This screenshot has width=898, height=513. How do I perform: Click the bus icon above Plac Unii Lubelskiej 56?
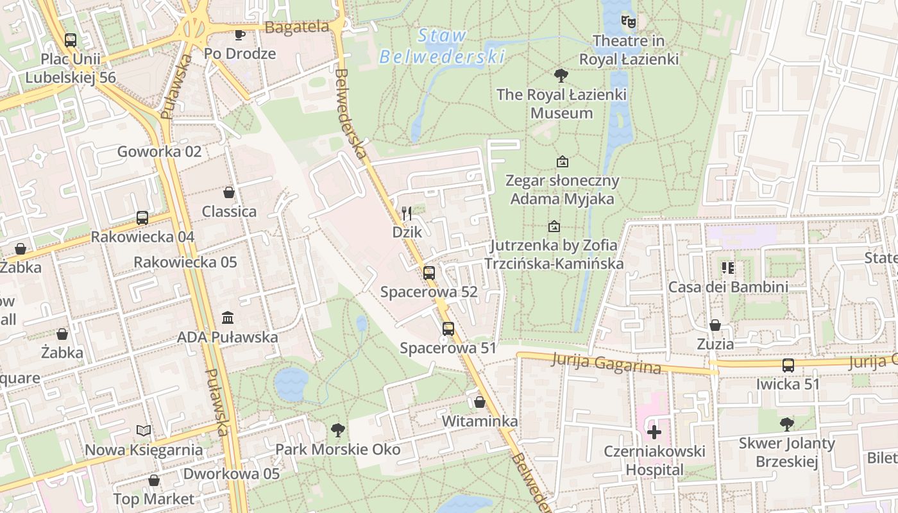(x=71, y=40)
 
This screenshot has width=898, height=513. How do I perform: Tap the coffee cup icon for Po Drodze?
(x=240, y=35)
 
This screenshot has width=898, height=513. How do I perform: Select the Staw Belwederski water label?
(x=442, y=46)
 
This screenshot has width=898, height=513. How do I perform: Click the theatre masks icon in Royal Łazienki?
(x=629, y=22)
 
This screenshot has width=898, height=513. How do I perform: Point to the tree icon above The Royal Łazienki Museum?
(x=561, y=76)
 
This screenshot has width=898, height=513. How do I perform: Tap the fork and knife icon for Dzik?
(x=407, y=212)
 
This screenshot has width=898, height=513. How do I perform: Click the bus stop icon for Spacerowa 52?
(x=429, y=273)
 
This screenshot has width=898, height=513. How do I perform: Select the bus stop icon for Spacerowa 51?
(x=448, y=329)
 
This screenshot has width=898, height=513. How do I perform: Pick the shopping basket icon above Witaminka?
(x=480, y=402)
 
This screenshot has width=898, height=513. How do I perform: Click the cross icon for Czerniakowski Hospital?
(x=654, y=432)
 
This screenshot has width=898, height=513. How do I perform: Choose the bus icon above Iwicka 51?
(x=788, y=366)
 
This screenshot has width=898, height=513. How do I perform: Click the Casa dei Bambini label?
(x=728, y=287)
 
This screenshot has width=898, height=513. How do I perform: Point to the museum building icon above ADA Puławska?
(x=228, y=317)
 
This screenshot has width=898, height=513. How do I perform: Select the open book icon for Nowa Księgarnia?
(x=144, y=430)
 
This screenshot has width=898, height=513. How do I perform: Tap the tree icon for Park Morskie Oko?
(x=338, y=430)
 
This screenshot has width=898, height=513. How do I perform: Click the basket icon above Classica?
(x=229, y=192)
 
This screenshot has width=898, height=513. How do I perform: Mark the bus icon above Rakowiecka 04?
(x=142, y=218)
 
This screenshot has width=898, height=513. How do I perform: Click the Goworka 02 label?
(x=159, y=152)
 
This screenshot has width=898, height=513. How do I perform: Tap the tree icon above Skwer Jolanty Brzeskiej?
(x=787, y=424)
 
